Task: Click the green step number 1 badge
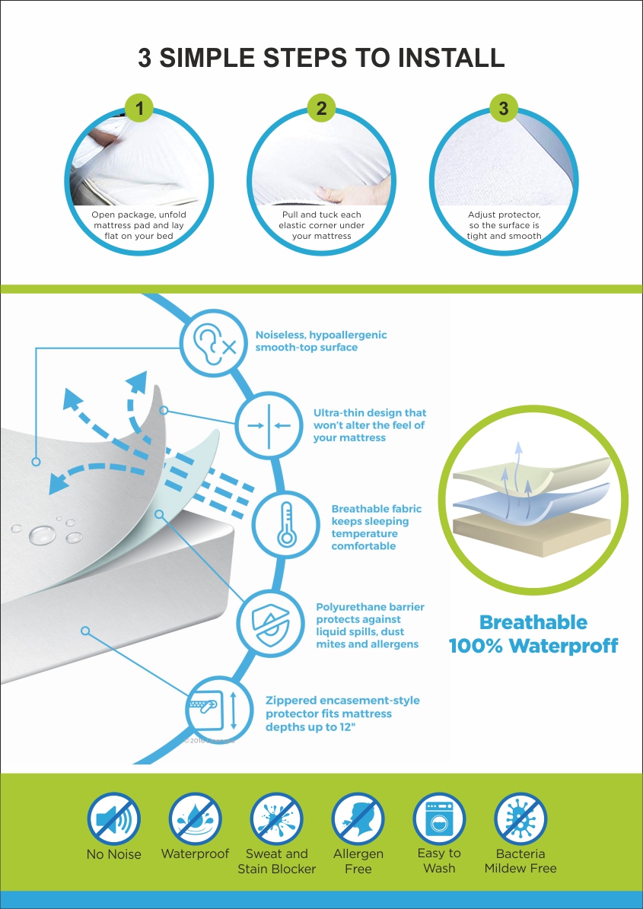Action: (x=139, y=108)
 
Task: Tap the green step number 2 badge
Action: (x=322, y=108)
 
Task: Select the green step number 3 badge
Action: (x=504, y=108)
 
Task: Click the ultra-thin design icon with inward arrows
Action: (x=269, y=425)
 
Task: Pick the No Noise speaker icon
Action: (x=113, y=818)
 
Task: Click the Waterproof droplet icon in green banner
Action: (x=196, y=818)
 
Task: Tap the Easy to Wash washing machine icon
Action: (x=439, y=818)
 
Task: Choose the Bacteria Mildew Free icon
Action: (x=520, y=818)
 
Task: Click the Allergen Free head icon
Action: (x=358, y=818)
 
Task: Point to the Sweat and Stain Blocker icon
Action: (x=276, y=818)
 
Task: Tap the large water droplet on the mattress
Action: (x=43, y=535)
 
